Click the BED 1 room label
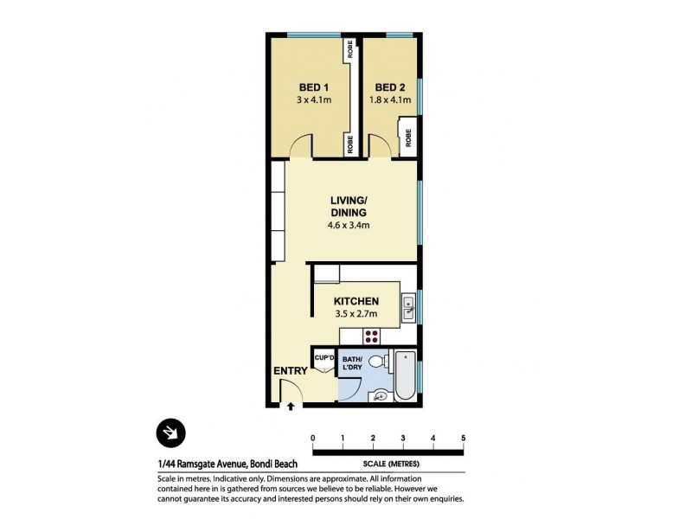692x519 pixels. pyautogui.click(x=313, y=87)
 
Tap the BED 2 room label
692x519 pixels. pyautogui.click(x=390, y=87)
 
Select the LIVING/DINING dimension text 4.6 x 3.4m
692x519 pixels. pyautogui.click(x=349, y=226)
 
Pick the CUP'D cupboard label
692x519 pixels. pyautogui.click(x=324, y=357)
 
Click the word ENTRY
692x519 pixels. pyautogui.click(x=291, y=372)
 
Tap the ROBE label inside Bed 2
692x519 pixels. pyautogui.click(x=407, y=136)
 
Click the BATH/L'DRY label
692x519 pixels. pyautogui.click(x=352, y=363)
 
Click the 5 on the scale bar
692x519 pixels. pyautogui.click(x=464, y=437)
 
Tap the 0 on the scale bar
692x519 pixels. pyautogui.click(x=312, y=437)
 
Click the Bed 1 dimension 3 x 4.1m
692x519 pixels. pyautogui.click(x=313, y=100)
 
